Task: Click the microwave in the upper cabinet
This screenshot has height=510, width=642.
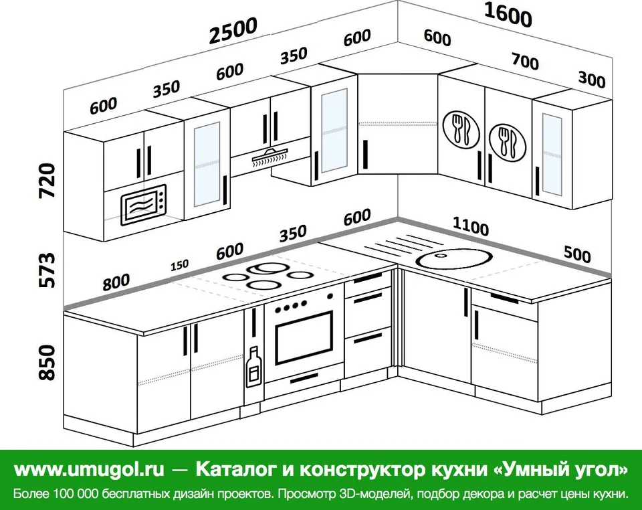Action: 143,204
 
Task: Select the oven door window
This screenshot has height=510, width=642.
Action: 304,338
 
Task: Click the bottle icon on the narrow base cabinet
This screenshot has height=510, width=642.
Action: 254,367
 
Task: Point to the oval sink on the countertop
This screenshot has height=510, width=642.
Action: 453,258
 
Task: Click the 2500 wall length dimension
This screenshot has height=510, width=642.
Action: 233,30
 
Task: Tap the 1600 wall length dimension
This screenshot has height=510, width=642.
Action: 508,15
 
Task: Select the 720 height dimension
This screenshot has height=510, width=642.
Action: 47,181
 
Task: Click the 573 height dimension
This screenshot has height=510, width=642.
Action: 47,270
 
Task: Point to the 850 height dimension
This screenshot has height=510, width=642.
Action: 47,363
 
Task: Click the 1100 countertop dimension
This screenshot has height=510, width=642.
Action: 471,226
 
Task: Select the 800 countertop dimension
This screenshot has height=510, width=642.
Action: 116,282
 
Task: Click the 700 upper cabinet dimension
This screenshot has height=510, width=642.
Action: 526,61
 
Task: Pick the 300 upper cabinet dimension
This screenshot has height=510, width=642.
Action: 592,80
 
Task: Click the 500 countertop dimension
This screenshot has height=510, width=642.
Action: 577,254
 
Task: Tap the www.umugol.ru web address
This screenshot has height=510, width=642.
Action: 89,469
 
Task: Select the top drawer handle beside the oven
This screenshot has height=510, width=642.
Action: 368,278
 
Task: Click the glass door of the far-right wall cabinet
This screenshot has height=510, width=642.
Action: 552,155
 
